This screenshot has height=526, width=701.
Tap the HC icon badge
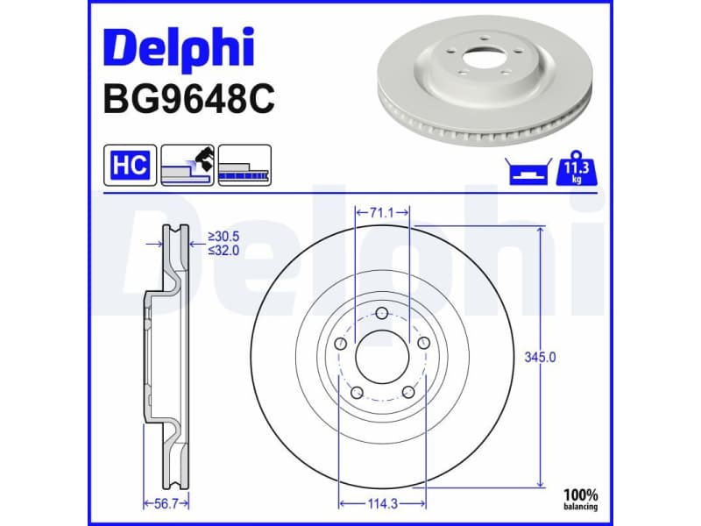point(130,165)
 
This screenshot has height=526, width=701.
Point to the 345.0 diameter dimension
point(540,358)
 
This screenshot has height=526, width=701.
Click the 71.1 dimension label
point(382,212)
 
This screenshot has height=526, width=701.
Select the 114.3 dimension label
point(382,504)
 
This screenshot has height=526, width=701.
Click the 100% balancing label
point(581,499)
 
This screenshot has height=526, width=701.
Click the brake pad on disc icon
point(188,165)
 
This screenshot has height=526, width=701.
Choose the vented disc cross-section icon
point(244,165)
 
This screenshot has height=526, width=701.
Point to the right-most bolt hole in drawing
point(423,342)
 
